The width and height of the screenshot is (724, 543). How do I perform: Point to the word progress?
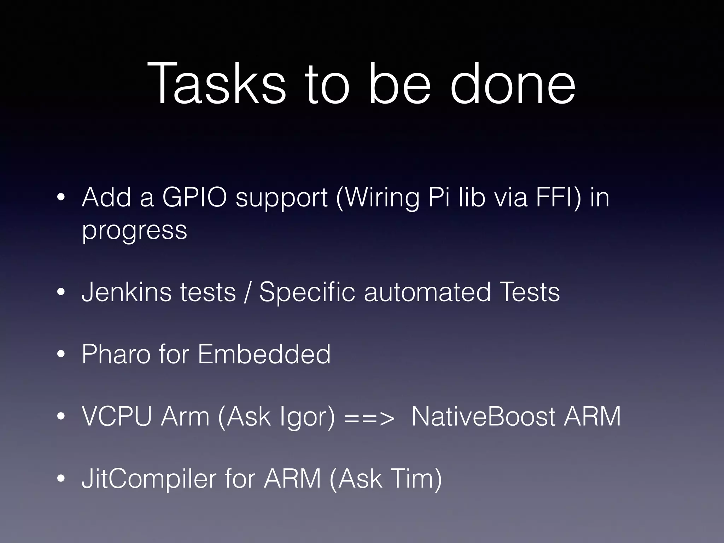pyautogui.click(x=134, y=230)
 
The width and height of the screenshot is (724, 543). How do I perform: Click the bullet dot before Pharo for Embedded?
pyautogui.click(x=61, y=355)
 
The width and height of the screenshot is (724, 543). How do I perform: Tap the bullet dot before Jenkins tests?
pyautogui.click(x=61, y=292)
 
